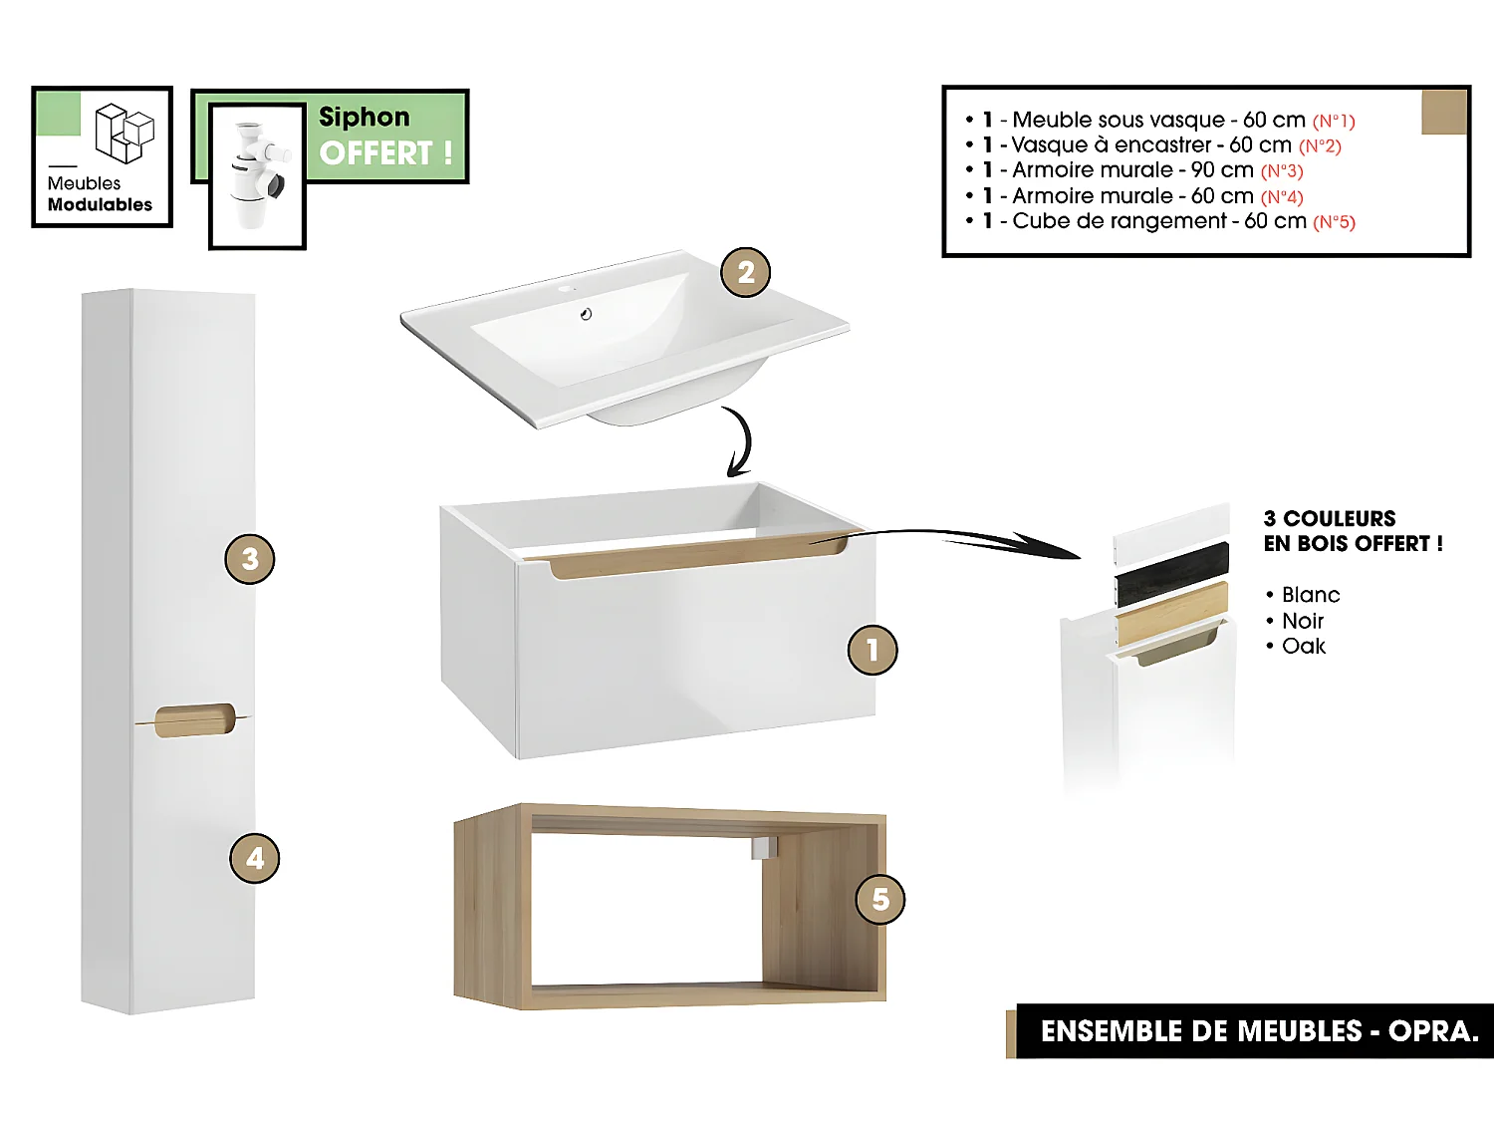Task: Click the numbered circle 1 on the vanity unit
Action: (x=872, y=650)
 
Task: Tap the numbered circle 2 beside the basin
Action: (x=746, y=272)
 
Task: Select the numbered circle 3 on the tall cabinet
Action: (x=250, y=559)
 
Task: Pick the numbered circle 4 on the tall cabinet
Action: (x=255, y=858)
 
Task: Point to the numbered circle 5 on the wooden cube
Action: (x=880, y=899)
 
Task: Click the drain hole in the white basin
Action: (x=586, y=315)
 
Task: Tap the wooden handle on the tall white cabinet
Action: (x=195, y=720)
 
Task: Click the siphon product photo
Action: (x=257, y=175)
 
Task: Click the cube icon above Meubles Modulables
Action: (x=124, y=133)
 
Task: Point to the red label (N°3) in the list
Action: (x=1282, y=171)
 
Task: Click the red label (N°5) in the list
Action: (x=1334, y=222)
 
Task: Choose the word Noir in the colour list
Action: (x=1302, y=621)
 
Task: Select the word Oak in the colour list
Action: (x=1303, y=647)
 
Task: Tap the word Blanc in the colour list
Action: (x=1310, y=595)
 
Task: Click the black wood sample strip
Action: (x=1172, y=574)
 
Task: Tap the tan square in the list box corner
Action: (x=1443, y=111)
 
